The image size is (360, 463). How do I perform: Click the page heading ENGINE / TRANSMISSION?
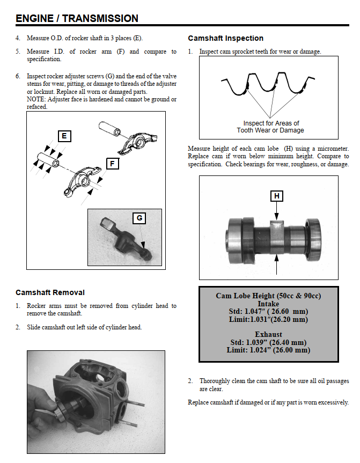tap(77, 18)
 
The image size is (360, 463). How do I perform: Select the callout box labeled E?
tap(64, 136)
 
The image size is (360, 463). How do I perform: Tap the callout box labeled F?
tap(112, 164)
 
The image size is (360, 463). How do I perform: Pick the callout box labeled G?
tap(139, 218)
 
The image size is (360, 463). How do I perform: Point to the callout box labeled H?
tap(276, 196)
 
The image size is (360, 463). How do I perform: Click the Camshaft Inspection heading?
tap(225, 39)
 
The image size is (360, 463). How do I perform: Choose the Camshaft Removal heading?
tap(50, 292)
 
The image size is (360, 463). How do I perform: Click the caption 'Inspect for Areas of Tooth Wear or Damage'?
tap(270, 127)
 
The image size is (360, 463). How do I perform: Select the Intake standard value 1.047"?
tap(247, 312)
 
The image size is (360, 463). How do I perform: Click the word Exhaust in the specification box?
tap(268, 335)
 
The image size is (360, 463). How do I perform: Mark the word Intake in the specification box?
tap(268, 304)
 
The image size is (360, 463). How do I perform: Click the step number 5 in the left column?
tap(18, 52)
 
